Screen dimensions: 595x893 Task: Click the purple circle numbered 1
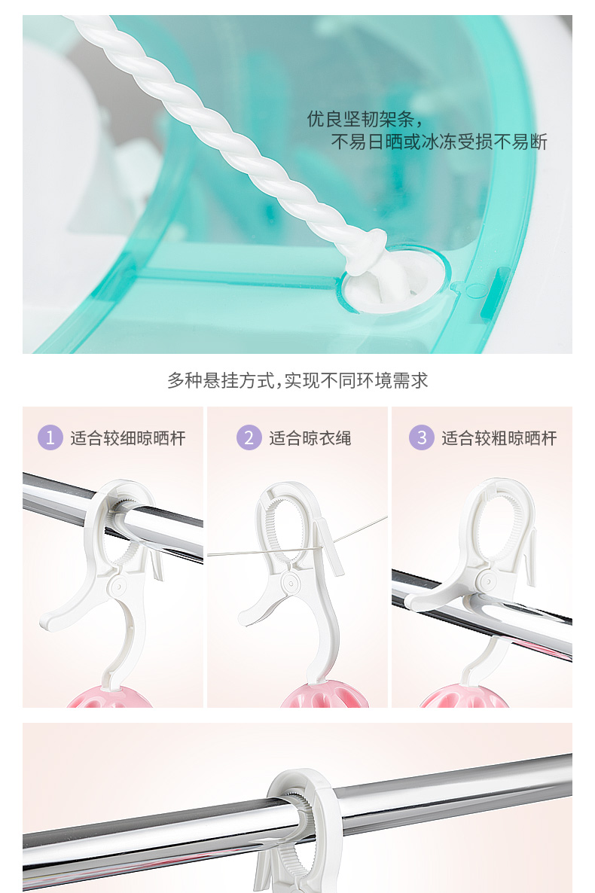click(x=50, y=437)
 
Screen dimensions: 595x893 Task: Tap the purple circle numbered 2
click(x=249, y=437)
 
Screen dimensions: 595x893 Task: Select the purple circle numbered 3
click(x=422, y=437)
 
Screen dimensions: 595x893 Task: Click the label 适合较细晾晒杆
click(x=128, y=438)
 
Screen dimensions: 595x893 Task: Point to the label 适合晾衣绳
click(x=310, y=438)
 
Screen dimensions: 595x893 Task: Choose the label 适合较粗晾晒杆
click(x=499, y=438)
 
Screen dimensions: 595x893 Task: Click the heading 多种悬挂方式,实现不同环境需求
click(x=297, y=380)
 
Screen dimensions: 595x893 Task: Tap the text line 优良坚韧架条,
click(x=365, y=119)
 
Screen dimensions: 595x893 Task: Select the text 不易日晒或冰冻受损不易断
click(x=439, y=142)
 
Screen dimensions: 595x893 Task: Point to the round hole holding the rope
click(x=392, y=279)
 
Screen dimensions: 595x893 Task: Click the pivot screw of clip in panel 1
click(x=118, y=586)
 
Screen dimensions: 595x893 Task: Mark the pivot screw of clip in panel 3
click(x=486, y=581)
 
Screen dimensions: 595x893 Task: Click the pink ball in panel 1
click(x=109, y=697)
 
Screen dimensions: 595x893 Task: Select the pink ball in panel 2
click(x=325, y=696)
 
